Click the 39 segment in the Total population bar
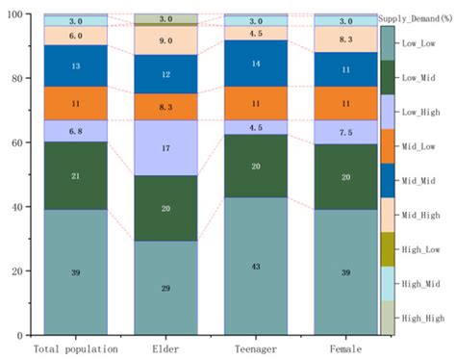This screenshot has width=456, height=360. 76,272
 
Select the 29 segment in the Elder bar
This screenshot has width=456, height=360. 165,288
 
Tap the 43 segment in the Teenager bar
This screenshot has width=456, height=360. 255,266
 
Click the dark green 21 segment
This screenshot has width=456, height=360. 76,176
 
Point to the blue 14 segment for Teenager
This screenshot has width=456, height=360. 255,63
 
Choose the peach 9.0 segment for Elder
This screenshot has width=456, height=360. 165,40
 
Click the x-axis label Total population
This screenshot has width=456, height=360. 76,348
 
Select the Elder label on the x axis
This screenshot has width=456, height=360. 165,348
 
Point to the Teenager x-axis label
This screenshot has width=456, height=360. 255,348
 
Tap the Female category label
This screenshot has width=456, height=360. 344,348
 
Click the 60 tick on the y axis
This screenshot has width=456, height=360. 20,142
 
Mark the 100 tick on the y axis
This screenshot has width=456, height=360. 17,14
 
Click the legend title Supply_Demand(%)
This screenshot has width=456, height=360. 416,18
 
